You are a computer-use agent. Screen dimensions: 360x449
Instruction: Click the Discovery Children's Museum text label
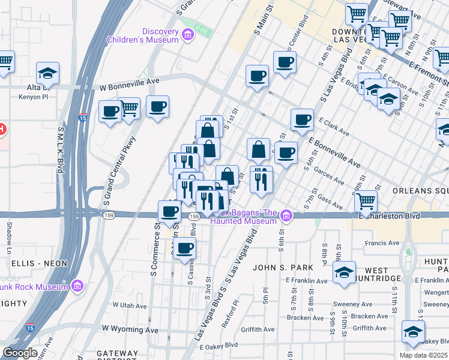click(143, 35)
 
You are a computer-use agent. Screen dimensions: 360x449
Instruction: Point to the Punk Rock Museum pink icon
click(77, 287)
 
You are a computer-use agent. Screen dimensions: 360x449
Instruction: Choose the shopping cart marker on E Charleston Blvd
click(366, 203)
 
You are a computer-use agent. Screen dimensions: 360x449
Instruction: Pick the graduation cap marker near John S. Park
click(345, 272)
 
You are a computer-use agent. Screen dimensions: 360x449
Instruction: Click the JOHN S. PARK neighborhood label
click(280, 267)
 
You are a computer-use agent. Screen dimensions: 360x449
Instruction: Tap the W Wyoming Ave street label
click(130, 329)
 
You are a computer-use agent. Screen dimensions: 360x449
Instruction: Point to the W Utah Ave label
click(130, 306)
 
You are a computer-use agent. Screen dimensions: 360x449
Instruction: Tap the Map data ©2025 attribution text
click(423, 355)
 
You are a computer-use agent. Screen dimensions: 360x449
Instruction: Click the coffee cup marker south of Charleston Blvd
click(185, 247)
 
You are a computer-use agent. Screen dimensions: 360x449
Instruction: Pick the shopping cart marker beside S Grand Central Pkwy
click(129, 109)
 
